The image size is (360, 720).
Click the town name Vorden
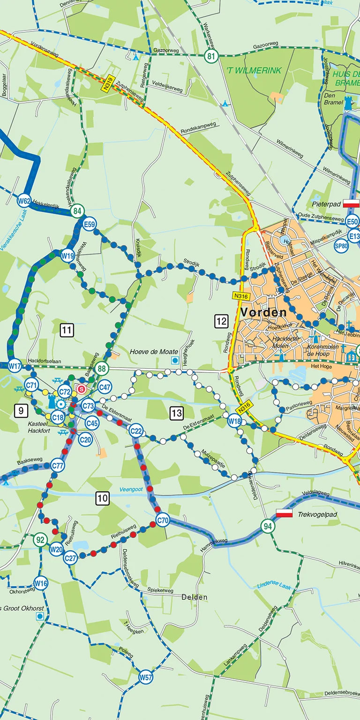[x=263, y=312]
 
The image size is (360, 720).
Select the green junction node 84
[x=77, y=211]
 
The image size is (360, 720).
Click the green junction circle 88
[x=101, y=369]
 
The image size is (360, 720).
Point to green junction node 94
[x=268, y=525]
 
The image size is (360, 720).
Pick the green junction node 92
[x=41, y=540]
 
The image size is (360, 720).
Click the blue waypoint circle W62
[x=24, y=202]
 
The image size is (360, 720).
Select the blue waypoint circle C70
[x=163, y=520]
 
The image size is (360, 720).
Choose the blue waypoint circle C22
[x=136, y=431]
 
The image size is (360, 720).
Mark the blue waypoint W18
[x=234, y=421]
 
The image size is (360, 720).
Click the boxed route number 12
[x=221, y=321]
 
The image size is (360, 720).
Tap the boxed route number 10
[x=103, y=498]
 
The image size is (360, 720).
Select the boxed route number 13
[x=176, y=413]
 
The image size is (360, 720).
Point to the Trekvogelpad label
[x=317, y=514]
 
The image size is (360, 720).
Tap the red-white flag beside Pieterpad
[x=351, y=203]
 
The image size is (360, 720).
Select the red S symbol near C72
[x=82, y=389]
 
